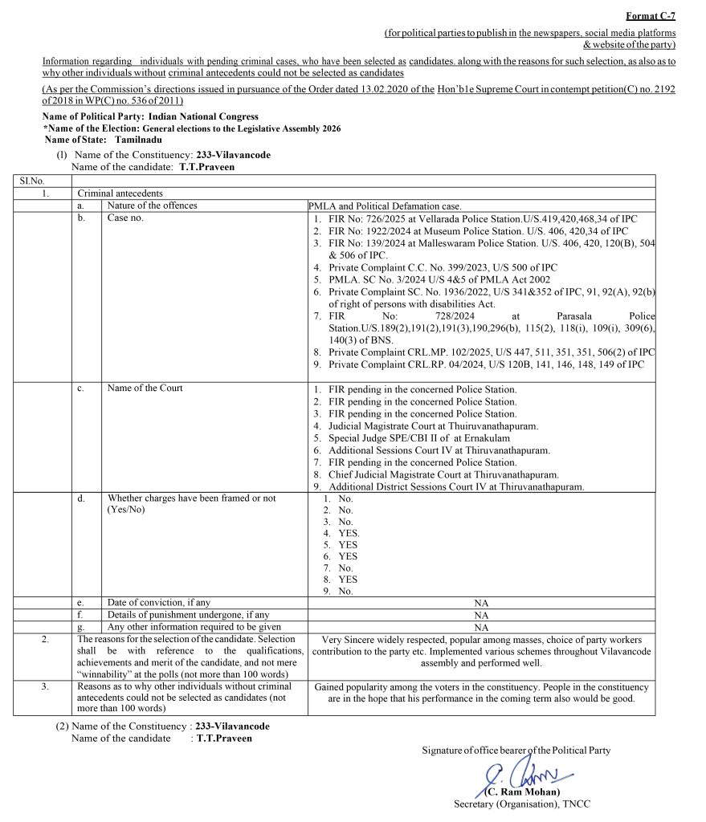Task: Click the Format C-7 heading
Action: coord(651,16)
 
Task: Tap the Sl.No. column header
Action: coord(32,181)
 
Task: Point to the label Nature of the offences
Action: coord(152,205)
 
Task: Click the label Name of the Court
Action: coord(145,389)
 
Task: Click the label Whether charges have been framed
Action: coord(191,498)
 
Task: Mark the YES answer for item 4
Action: coord(349,533)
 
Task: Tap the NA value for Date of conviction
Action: coord(481,603)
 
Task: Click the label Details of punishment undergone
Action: coord(189,615)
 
